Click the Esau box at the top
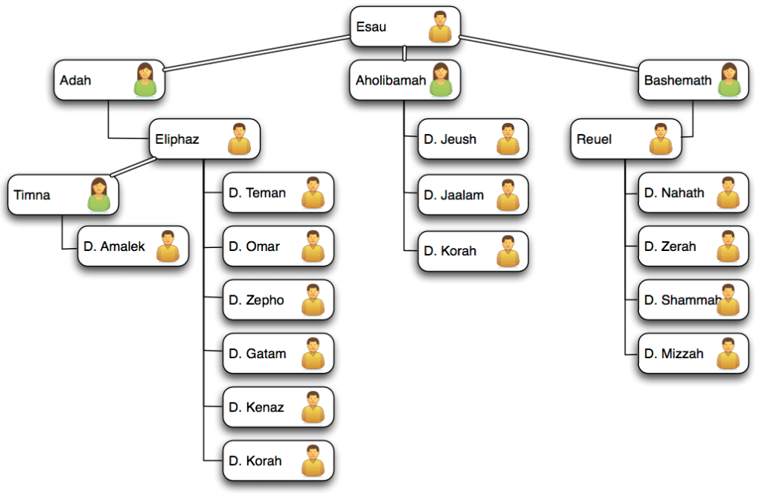coord(405,27)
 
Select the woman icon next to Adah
coord(145,79)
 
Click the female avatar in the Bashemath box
coord(729,79)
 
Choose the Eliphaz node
coord(204,139)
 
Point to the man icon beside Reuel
coord(661,139)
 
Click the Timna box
coord(62,195)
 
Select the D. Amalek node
coord(133,247)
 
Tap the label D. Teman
coord(257,193)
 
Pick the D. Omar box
coord(278,247)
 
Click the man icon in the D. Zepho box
coord(313,300)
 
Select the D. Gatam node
coord(278,354)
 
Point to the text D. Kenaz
coord(256,408)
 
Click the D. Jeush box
coord(473,139)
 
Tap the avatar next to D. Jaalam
coord(508,195)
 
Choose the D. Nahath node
coord(693,193)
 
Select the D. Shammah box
coord(693,300)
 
